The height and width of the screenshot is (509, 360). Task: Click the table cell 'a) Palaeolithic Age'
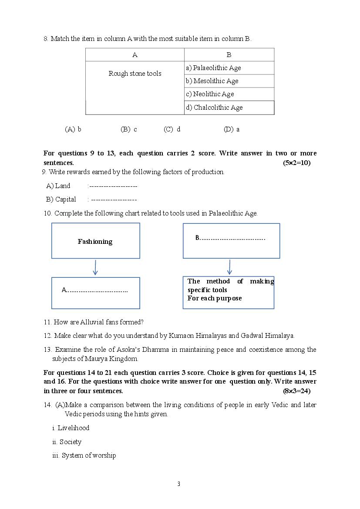(229, 68)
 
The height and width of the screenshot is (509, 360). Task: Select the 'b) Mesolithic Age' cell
(229, 81)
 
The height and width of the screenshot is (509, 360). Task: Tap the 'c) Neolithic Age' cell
(229, 94)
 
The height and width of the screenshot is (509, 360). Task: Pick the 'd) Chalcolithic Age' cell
(229, 108)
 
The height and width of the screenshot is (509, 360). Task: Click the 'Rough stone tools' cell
(135, 74)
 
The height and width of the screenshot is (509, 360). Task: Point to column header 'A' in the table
(135, 55)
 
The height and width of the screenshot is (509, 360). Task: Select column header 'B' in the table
(229, 55)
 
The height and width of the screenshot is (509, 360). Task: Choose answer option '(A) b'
(73, 129)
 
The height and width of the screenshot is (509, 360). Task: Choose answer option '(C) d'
(172, 129)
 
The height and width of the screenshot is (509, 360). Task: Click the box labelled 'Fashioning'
(95, 241)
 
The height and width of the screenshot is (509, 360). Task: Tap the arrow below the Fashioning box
(95, 267)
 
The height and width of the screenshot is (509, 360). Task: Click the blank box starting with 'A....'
(95, 293)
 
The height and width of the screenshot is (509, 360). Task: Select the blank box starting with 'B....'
(231, 241)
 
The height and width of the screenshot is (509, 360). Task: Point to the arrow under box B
(229, 267)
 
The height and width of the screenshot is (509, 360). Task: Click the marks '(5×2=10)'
(296, 163)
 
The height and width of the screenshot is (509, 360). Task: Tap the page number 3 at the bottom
(178, 484)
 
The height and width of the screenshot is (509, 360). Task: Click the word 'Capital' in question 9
(66, 199)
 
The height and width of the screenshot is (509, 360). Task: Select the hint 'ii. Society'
(67, 442)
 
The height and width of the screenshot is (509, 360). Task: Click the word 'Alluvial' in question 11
(92, 322)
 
